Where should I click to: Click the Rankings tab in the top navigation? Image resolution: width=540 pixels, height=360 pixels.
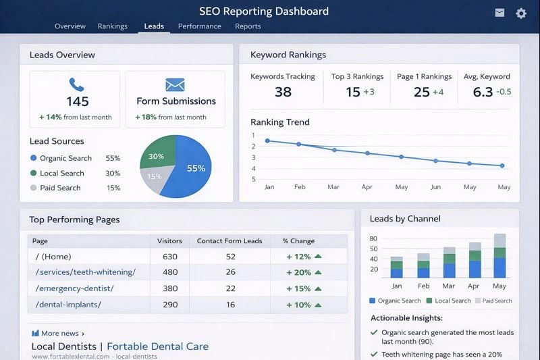112,26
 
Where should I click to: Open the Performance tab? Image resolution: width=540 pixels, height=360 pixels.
199,26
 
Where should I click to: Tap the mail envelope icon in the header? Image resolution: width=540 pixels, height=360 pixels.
500,13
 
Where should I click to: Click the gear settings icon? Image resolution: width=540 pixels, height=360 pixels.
521,13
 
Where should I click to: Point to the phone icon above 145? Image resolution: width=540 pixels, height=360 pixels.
77,84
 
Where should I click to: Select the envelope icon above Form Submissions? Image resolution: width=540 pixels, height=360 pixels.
175,84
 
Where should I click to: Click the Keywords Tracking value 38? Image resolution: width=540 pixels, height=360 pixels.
283,92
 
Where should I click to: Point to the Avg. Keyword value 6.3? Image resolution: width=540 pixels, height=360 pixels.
483,92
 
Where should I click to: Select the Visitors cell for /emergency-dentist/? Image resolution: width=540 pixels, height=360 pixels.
169,288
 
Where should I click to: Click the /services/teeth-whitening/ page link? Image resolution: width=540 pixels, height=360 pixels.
85,272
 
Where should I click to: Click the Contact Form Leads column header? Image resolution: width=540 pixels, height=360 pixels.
230,240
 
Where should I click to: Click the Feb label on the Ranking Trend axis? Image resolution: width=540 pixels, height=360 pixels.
300,187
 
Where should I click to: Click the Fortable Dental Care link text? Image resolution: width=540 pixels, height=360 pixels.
157,346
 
